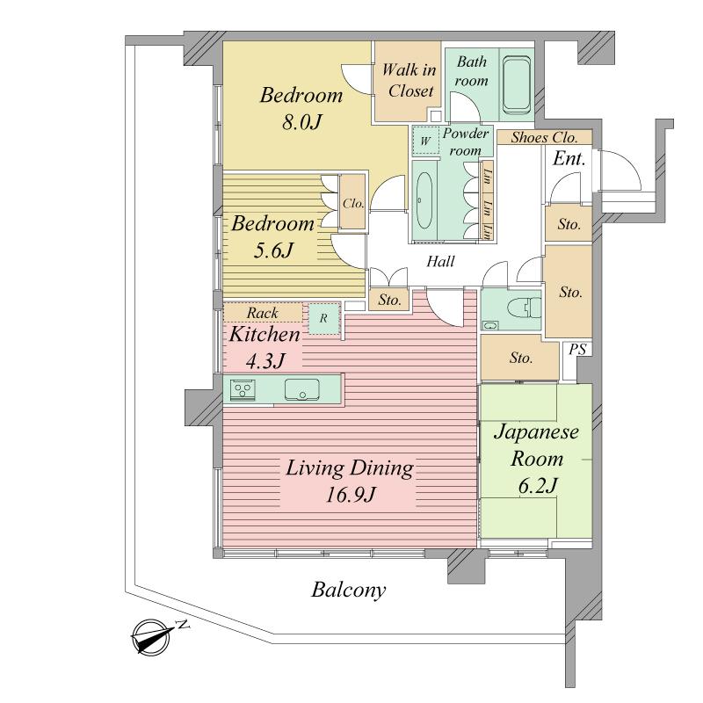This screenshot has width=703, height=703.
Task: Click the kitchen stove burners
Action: tap(243, 389)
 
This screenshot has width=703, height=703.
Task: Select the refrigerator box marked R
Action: tap(323, 317)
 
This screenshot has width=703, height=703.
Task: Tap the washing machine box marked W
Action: tap(425, 141)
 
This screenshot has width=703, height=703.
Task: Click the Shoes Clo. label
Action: tap(544, 137)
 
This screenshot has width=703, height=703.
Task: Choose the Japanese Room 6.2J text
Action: tap(534, 459)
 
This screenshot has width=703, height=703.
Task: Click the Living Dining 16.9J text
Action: tap(349, 481)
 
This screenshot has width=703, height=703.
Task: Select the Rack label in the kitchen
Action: tap(262, 312)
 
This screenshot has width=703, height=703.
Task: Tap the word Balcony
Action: tap(349, 590)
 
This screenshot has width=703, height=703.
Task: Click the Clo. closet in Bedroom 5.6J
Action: tap(353, 202)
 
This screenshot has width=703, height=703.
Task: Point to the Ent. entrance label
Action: tap(569, 159)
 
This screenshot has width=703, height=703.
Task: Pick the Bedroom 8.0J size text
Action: tap(300, 108)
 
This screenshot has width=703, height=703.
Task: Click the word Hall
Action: tap(440, 262)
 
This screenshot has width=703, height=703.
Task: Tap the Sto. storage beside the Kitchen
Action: tap(389, 301)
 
